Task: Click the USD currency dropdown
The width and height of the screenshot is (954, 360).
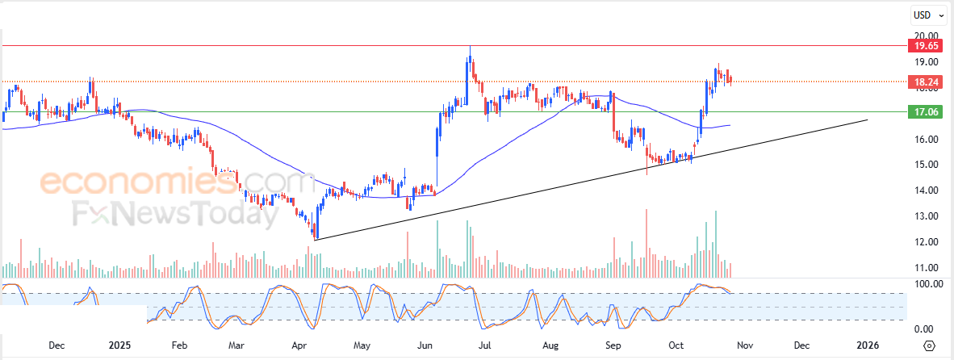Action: (x=928, y=15)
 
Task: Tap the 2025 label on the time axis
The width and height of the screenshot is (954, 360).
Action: (x=119, y=345)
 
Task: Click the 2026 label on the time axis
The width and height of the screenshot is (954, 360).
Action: (x=868, y=345)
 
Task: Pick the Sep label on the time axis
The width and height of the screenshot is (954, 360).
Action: (x=613, y=345)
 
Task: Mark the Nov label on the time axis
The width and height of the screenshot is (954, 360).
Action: (x=744, y=345)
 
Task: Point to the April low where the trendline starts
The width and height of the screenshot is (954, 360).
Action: (x=314, y=239)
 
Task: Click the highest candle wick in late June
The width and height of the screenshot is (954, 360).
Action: (x=469, y=48)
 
